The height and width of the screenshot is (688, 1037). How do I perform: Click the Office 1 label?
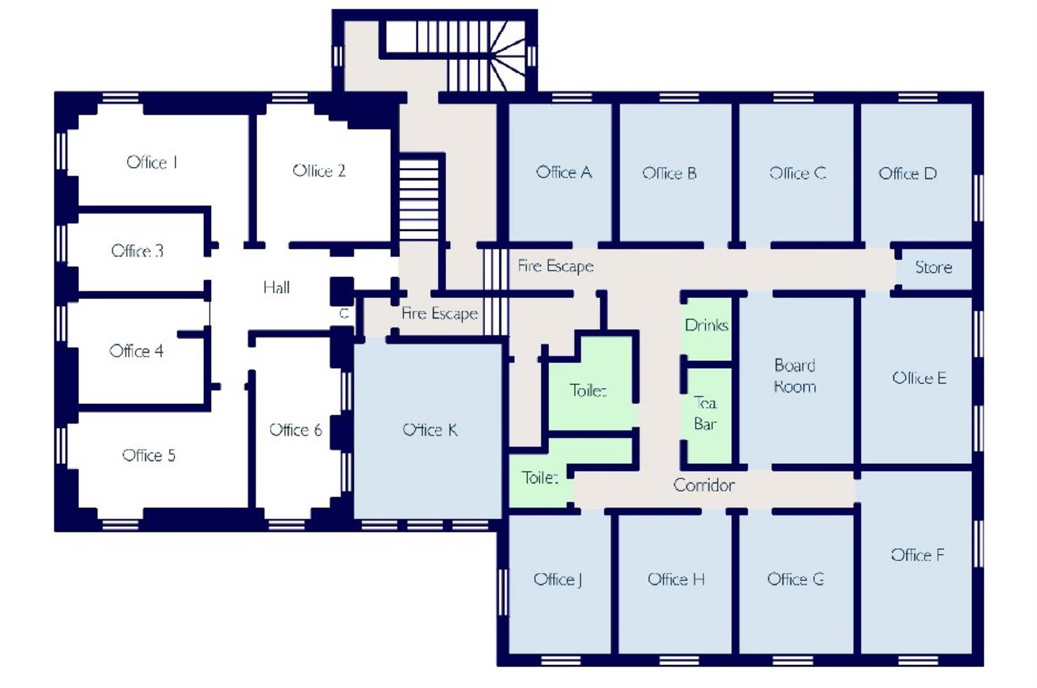pyautogui.click(x=152, y=162)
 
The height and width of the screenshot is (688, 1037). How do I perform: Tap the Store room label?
pyautogui.click(x=933, y=268)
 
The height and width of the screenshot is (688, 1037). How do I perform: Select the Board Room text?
pyautogui.click(x=794, y=376)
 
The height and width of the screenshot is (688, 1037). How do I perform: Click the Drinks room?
pyautogui.click(x=706, y=326)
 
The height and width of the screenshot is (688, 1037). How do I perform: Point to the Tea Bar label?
pyautogui.click(x=705, y=413)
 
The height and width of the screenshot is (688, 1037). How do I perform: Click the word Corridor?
pyautogui.click(x=704, y=485)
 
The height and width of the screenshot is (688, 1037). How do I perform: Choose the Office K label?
pyautogui.click(x=430, y=430)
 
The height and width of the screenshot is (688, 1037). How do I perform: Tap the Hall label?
pyautogui.click(x=276, y=287)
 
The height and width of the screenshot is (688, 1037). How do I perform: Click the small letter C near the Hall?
pyautogui.click(x=344, y=313)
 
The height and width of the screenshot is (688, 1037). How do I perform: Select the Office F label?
pyautogui.click(x=917, y=555)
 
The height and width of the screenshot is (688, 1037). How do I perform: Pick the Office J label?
pyautogui.click(x=558, y=579)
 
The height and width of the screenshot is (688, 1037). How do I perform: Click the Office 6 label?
pyautogui.click(x=295, y=430)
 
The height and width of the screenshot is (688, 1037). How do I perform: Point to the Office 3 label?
pyautogui.click(x=137, y=250)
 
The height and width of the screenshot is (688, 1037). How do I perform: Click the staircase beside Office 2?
pyautogui.click(x=419, y=199)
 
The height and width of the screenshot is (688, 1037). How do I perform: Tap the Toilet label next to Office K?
pyautogui.click(x=539, y=477)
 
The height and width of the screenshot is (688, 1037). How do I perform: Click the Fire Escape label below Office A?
pyautogui.click(x=555, y=266)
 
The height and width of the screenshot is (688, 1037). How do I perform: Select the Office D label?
pyautogui.click(x=907, y=173)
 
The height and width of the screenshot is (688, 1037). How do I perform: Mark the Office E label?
pyautogui.click(x=918, y=378)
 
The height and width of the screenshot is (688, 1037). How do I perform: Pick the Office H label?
pyautogui.click(x=676, y=579)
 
